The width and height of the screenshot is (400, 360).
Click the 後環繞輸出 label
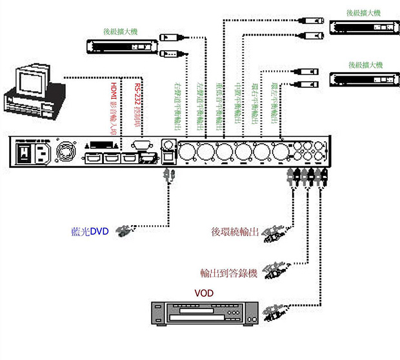[x=235, y=231]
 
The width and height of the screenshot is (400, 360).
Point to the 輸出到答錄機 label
[x=228, y=274]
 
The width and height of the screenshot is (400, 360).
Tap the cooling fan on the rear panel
[x=66, y=153]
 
